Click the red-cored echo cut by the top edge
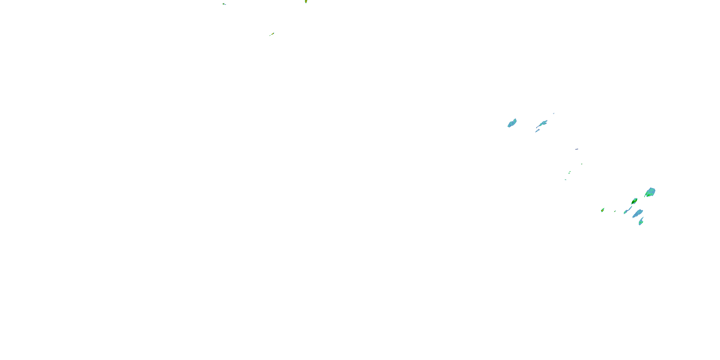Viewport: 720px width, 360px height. click(x=306, y=1)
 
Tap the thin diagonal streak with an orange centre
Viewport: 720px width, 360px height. click(x=272, y=34)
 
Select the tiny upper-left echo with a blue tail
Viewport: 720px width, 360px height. click(x=224, y=4)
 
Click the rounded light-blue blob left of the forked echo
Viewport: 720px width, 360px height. click(x=512, y=123)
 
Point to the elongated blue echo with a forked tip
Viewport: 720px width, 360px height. click(x=542, y=124)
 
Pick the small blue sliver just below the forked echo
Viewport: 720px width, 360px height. click(x=537, y=131)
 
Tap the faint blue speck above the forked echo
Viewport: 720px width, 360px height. click(x=554, y=113)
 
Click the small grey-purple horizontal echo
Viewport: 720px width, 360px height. click(x=576, y=149)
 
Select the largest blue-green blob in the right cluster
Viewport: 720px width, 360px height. click(x=650, y=192)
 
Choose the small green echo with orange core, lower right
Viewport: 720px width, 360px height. click(x=603, y=210)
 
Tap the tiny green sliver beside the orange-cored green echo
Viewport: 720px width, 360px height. click(x=615, y=211)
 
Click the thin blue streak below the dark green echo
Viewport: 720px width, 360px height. click(x=628, y=210)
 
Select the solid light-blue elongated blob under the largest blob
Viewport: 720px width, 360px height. click(x=638, y=214)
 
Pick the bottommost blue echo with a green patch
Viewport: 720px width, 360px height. click(x=641, y=222)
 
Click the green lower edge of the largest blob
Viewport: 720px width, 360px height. click(x=648, y=195)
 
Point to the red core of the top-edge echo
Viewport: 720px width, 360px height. click(x=306, y=1)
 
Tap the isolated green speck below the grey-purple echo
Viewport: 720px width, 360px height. click(x=582, y=164)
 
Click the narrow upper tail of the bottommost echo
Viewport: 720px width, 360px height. click(x=642, y=218)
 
